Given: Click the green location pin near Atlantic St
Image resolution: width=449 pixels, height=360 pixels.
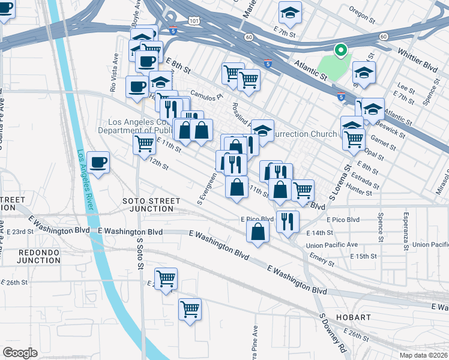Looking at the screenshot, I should tap(340, 51).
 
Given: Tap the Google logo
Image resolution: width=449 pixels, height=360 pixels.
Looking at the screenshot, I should tap(20, 353).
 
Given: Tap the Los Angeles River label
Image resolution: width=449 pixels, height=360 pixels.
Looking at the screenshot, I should tap(85, 180).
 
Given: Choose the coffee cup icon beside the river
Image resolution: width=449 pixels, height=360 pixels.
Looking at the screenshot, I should tap(98, 162).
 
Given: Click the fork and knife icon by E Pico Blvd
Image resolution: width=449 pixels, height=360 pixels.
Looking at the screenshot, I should tap(288, 220).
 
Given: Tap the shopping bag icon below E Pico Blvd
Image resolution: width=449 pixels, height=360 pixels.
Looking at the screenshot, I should tap(258, 232).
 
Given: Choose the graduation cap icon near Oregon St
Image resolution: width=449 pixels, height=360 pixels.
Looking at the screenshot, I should tap(290, 13).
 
